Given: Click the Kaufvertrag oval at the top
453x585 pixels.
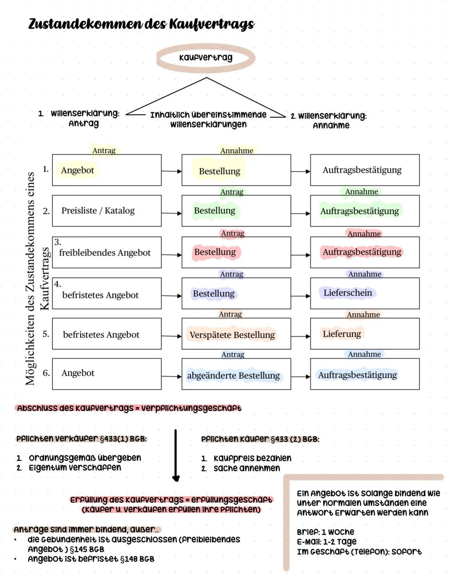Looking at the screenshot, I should click(x=206, y=57).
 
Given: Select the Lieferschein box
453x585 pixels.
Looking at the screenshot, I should click(x=364, y=294).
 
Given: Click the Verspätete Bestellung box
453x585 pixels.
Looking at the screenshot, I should click(x=236, y=334).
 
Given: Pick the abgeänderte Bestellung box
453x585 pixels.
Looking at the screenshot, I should click(x=236, y=374).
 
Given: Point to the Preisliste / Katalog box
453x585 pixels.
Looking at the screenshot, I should click(x=107, y=211).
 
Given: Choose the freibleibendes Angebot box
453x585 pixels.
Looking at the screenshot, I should click(x=107, y=252).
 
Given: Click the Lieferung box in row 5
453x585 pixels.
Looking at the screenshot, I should click(x=364, y=334).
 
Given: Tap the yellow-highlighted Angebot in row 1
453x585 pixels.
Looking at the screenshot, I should click(x=78, y=170).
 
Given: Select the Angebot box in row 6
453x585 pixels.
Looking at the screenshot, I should click(x=107, y=374).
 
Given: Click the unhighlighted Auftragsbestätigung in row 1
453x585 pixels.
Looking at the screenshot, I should click(x=362, y=170).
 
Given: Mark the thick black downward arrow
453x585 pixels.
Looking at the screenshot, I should click(x=176, y=455).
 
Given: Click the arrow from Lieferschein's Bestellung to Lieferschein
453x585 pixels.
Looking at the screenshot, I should click(x=300, y=296).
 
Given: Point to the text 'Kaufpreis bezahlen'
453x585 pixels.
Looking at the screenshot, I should click(x=252, y=458).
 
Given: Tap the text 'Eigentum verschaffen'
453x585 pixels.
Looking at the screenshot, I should click(x=75, y=468).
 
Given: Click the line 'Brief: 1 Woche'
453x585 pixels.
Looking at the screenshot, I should click(x=325, y=532).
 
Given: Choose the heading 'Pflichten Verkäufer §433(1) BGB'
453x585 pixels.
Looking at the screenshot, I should click(x=81, y=439).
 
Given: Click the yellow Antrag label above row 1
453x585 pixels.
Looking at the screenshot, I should click(x=104, y=151).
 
